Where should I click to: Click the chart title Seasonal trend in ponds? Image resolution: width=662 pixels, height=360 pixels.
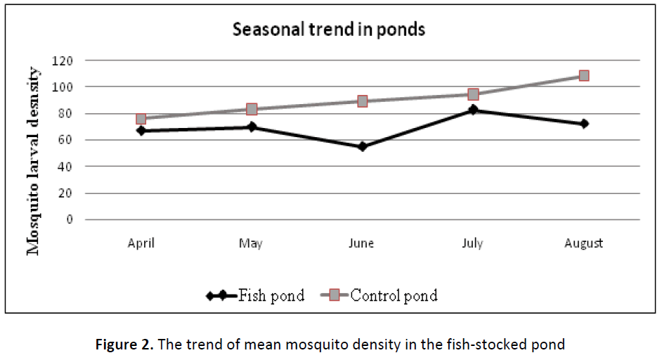coord(329,30)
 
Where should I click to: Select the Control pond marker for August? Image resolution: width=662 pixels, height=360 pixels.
coord(584,75)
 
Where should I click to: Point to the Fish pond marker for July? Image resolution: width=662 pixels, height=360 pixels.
coord(473,110)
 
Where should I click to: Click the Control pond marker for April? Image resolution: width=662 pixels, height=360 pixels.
coord(141,119)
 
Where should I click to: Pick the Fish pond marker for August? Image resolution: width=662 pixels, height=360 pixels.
coord(584,124)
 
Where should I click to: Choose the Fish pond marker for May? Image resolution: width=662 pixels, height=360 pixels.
coord(252,127)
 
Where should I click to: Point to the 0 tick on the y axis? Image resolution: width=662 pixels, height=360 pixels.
coord(70,219)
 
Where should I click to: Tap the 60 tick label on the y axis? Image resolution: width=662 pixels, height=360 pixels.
coord(66,140)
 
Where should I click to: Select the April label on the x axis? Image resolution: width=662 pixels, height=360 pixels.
coord(141,243)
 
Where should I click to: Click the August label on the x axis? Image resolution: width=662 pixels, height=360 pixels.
coord(584,243)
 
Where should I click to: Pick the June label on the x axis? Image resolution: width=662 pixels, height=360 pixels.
coord(362,243)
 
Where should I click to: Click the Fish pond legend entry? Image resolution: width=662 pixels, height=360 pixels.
coord(257,296)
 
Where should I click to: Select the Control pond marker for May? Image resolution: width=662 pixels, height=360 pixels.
coord(252,109)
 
